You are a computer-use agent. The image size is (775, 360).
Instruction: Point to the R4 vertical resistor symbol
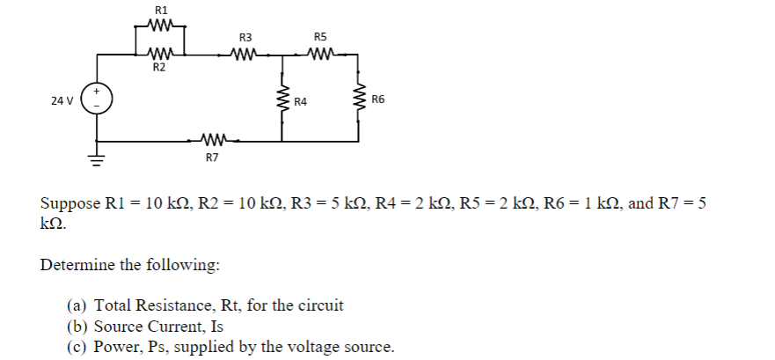tap(282, 101)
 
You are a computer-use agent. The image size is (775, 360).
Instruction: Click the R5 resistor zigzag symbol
tap(320, 55)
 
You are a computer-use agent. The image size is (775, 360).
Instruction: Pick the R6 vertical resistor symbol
tap(359, 99)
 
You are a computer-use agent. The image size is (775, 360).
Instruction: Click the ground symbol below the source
tap(96, 161)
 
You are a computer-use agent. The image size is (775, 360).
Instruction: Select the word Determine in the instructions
tap(77, 265)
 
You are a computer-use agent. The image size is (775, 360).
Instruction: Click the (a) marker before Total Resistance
tap(77, 306)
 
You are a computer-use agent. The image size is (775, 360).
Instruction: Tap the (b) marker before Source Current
tap(77, 327)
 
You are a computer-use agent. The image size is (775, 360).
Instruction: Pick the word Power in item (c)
tap(114, 347)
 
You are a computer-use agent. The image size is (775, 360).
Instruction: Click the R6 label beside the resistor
tap(379, 99)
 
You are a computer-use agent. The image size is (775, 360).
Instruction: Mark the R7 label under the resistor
tap(211, 158)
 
